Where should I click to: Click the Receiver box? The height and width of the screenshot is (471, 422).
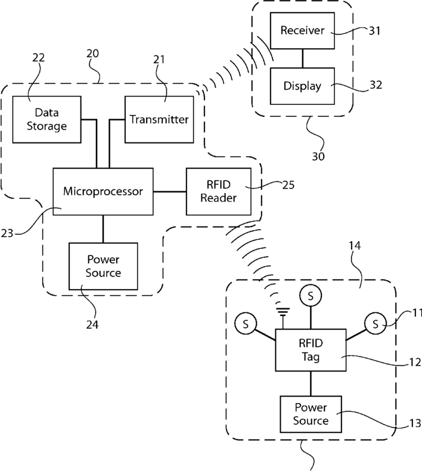pos(302,30)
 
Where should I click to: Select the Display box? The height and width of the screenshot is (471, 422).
pos(302,86)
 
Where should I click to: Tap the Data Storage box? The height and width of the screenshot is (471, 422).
pos(46,120)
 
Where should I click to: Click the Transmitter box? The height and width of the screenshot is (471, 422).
pos(159,120)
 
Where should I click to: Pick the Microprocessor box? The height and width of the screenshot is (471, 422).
pos(103,191)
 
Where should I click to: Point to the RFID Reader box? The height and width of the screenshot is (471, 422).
pos(219,191)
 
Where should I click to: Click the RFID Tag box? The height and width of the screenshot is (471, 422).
pos(311,350)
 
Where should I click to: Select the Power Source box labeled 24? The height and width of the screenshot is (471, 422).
pos(103,266)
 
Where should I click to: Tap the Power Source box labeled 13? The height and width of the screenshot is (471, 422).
pos(311,414)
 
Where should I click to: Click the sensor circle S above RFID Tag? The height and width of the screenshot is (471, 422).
pos(311,296)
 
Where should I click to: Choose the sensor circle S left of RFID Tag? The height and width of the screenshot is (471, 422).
pos(246,324)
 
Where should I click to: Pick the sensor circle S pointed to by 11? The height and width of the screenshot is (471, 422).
pos(376,324)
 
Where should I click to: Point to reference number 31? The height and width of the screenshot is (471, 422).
pos(374,31)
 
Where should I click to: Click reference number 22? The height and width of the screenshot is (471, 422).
pos(39,58)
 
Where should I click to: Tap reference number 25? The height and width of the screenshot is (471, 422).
pos(288,185)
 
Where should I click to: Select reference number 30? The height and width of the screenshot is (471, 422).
pos(318,156)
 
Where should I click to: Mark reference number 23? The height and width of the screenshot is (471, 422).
pos(7,233)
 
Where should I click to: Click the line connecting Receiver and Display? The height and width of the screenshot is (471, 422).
pos(302,58)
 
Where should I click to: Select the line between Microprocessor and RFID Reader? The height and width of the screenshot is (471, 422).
pos(170,191)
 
